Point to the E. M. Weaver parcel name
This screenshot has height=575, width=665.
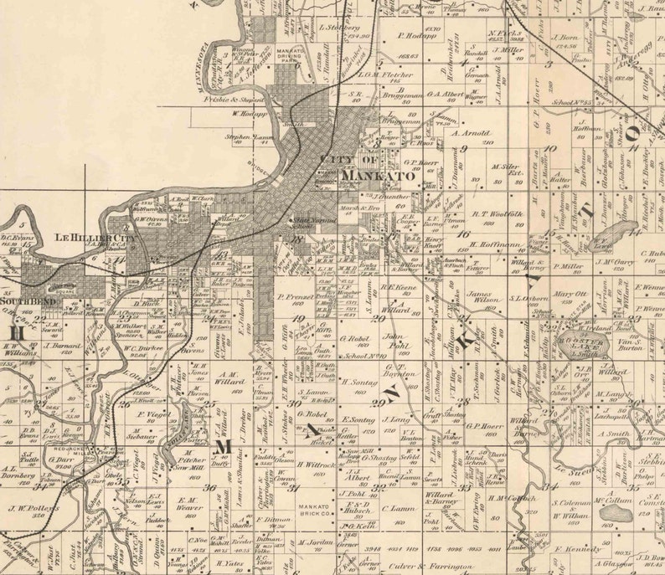(x=192, y=505)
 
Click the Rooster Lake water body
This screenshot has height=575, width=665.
(x=575, y=351)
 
